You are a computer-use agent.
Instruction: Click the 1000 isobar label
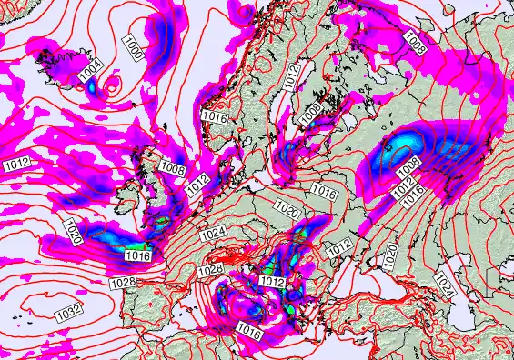pyautogui.click(x=133, y=47)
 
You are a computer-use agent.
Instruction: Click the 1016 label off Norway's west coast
pyautogui.click(x=215, y=117)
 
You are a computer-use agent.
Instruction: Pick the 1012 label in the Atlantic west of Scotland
pyautogui.click(x=17, y=164)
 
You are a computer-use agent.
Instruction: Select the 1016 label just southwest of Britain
pyautogui.click(x=138, y=256)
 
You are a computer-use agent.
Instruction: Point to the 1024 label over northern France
pyautogui.click(x=212, y=234)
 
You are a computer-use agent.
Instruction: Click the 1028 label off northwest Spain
pyautogui.click(x=124, y=285)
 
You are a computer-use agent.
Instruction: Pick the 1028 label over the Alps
pyautogui.click(x=210, y=270)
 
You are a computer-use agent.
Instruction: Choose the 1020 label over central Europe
pyautogui.click(x=285, y=211)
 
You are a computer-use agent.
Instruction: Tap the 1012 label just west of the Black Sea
pyautogui.click(x=338, y=246)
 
